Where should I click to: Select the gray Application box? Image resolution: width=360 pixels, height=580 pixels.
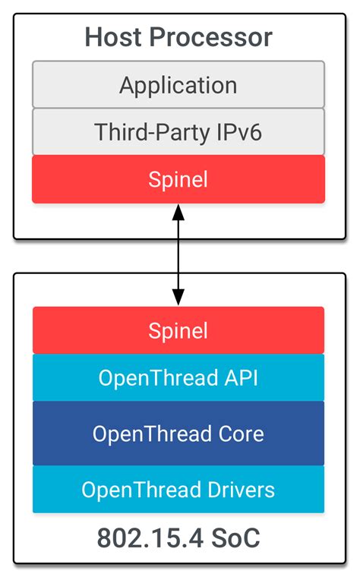178,84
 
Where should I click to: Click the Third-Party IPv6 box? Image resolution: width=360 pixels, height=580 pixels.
178,131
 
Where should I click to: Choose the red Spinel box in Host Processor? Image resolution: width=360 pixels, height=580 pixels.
178,180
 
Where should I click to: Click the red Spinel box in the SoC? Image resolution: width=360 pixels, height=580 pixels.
178,330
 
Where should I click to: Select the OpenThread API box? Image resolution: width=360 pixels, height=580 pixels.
178,377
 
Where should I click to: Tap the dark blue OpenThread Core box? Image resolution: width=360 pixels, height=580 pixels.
178,433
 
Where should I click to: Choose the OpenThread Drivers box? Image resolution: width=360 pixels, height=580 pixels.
178,489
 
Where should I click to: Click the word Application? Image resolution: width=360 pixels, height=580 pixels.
178,84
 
